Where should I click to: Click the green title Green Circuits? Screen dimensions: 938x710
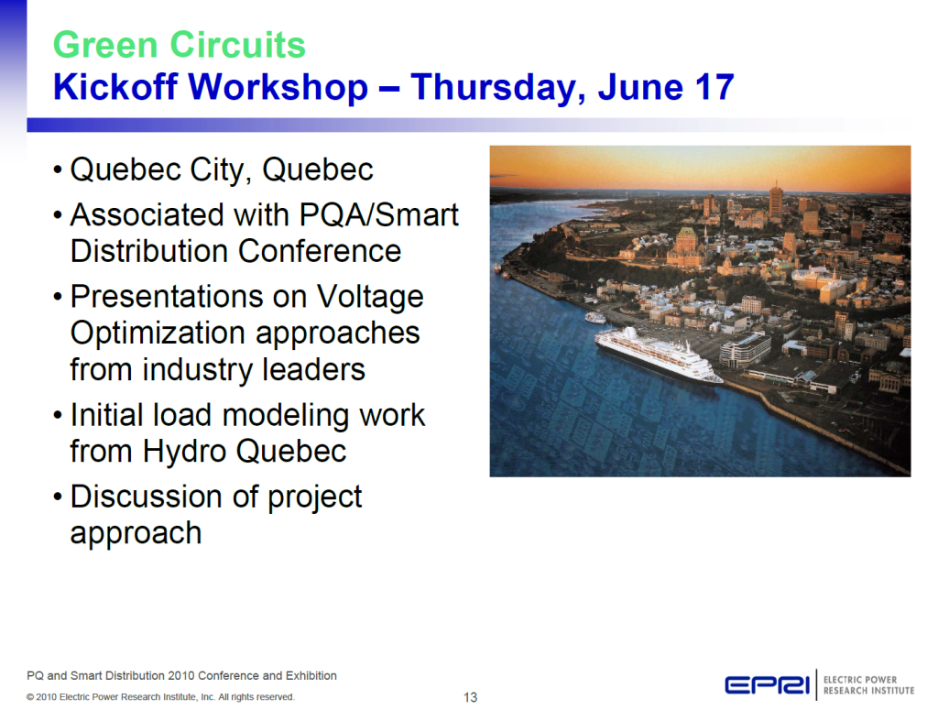(x=180, y=45)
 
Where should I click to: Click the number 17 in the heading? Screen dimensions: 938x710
(x=714, y=87)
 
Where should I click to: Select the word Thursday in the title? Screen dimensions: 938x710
(x=497, y=88)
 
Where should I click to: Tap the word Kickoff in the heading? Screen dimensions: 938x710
(x=115, y=87)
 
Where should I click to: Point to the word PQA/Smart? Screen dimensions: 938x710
(x=378, y=214)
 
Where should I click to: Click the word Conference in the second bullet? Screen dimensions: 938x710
(x=320, y=251)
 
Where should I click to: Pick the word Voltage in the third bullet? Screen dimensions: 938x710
(x=370, y=297)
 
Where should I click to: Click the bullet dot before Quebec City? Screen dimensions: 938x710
(x=58, y=170)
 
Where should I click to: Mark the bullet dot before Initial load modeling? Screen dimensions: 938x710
(x=58, y=416)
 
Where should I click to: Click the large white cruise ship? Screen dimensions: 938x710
(x=658, y=355)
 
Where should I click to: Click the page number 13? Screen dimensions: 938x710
(x=470, y=697)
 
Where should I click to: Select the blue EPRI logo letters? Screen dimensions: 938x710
(x=767, y=685)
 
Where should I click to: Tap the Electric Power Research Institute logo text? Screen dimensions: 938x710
(x=868, y=685)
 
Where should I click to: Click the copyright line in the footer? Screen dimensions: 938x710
(x=160, y=697)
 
